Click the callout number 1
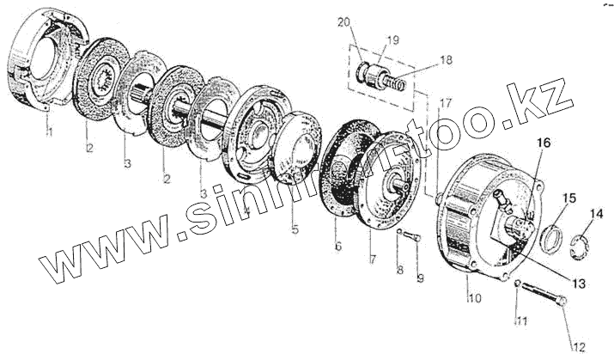[x=49, y=132]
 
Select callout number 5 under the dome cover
[x=295, y=230]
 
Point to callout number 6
[x=338, y=247]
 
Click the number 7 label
[x=373, y=258]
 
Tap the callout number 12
[x=579, y=346]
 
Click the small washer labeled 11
[x=520, y=284]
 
